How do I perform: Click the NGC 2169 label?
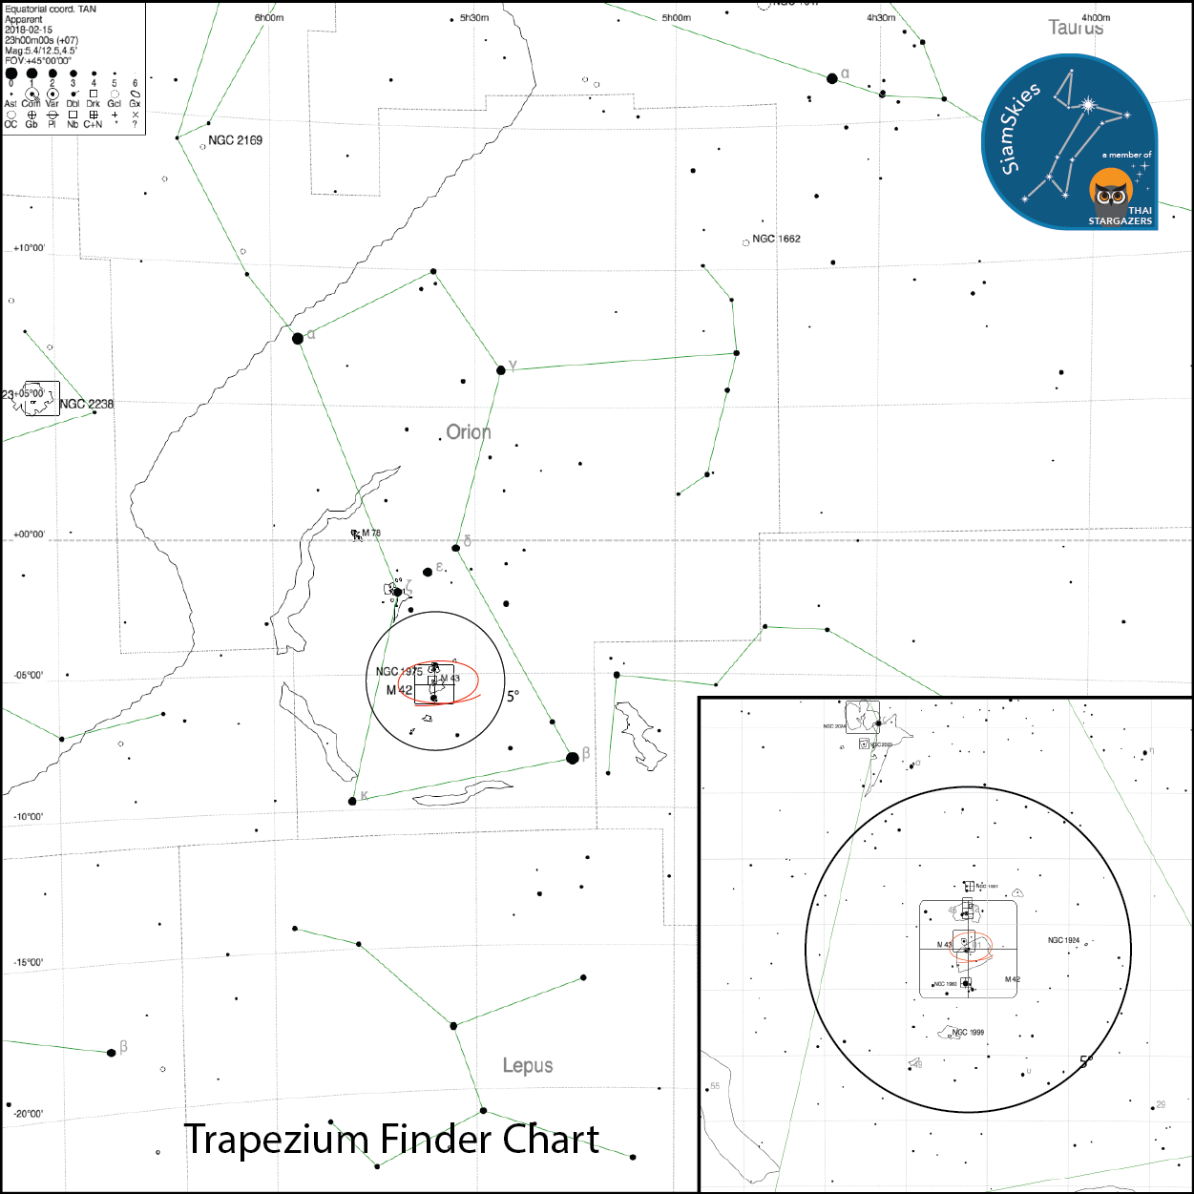point(235,140)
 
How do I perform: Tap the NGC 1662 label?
point(776,239)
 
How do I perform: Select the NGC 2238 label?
point(86,404)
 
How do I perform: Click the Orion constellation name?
point(469,432)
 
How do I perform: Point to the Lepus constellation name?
point(528,1065)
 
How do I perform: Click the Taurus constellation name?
point(1076,28)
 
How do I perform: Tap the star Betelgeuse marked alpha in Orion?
point(298,338)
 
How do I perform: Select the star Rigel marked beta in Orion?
point(573,758)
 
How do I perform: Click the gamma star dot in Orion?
point(501,369)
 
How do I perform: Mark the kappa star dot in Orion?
point(352,801)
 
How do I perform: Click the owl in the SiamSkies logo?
point(1110,191)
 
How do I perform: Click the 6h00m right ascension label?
point(269,18)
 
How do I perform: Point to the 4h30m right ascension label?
point(881,18)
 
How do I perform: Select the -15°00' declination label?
point(29,962)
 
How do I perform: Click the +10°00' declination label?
point(30,248)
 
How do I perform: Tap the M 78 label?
point(370,534)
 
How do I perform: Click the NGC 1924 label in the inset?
point(1063,940)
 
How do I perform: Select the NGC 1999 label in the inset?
point(968,1032)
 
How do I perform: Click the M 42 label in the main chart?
point(399,690)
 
